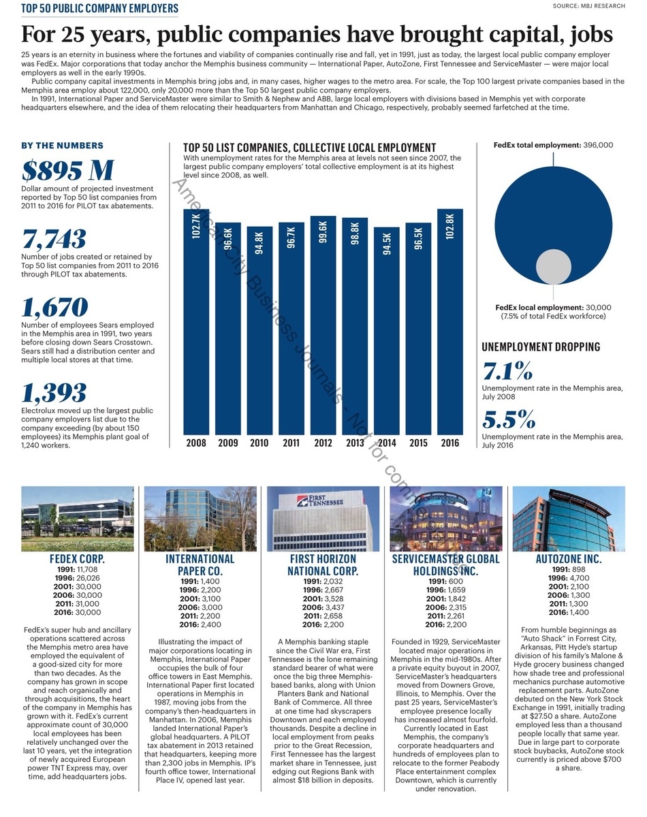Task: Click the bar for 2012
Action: pos(323,325)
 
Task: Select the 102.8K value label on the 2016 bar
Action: pos(449,227)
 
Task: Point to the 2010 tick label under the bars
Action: pos(259,443)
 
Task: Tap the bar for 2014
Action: pos(386,331)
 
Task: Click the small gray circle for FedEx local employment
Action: pos(553,266)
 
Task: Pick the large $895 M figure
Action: pos(67,170)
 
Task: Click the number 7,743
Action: pos(54,239)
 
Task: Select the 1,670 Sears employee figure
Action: pos(54,307)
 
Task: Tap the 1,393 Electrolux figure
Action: pos(54,393)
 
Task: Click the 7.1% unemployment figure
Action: pos(507,371)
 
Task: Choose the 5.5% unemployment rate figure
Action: pos(509,419)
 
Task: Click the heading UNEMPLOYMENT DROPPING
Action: pos(541,347)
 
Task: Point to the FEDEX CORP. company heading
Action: pos(77,559)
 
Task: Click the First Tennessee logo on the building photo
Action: pos(320,501)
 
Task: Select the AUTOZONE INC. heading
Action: pos(569,559)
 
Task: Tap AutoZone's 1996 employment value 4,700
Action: pos(580,578)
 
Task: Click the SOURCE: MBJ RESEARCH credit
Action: pos(588,5)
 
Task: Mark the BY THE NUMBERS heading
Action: pos(62,146)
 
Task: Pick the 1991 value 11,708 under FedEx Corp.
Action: pos(87,569)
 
